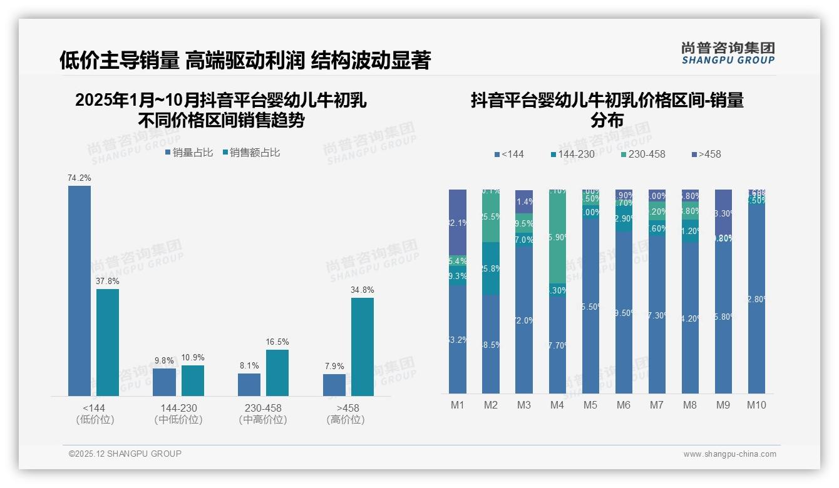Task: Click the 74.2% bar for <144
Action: [80, 291]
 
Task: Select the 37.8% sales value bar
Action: [108, 342]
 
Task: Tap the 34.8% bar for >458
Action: [363, 347]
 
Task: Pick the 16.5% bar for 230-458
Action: [277, 372]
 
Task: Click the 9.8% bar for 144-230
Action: [164, 382]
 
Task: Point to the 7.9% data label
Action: [334, 366]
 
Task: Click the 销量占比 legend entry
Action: [189, 153]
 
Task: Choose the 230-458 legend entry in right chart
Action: [643, 154]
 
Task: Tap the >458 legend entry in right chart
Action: [706, 154]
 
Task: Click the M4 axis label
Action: [557, 405]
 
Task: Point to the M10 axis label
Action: [756, 405]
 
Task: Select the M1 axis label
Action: [458, 405]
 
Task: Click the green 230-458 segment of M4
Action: [557, 238]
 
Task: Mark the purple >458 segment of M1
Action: [458, 222]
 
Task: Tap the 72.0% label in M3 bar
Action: [524, 320]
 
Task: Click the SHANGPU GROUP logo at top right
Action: [728, 53]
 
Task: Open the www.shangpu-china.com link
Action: [729, 454]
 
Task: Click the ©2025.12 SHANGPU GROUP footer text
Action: [125, 454]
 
